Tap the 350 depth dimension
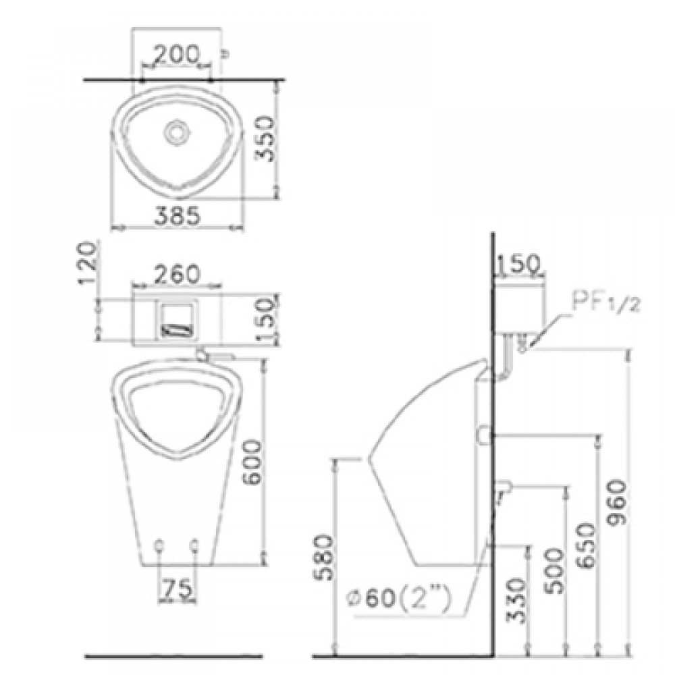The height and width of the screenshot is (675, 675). point(265,138)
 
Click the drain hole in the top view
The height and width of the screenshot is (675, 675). point(176,130)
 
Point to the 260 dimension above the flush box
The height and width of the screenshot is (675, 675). point(176,274)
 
